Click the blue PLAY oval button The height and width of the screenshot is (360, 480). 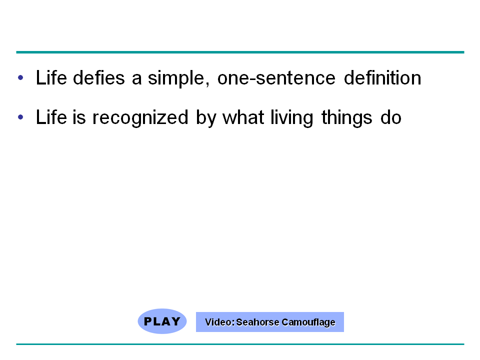(162, 321)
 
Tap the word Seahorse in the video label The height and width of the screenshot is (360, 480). (257, 322)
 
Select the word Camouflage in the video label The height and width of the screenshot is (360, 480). (308, 322)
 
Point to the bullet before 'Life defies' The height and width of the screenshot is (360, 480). (20, 77)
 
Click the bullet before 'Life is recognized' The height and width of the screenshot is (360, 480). (20, 117)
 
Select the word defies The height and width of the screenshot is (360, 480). (99, 77)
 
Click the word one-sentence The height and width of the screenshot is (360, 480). (276, 78)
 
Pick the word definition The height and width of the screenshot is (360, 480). (382, 77)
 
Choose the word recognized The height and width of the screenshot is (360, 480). (140, 118)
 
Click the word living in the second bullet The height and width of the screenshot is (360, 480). (292, 118)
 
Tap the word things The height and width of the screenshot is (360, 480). (347, 118)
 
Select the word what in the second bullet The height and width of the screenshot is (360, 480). (243, 117)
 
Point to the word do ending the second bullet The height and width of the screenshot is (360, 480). (391, 117)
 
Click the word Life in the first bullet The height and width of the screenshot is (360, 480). (51, 77)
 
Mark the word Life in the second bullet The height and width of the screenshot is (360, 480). (51, 117)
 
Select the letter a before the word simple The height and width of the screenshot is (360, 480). (137, 79)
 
